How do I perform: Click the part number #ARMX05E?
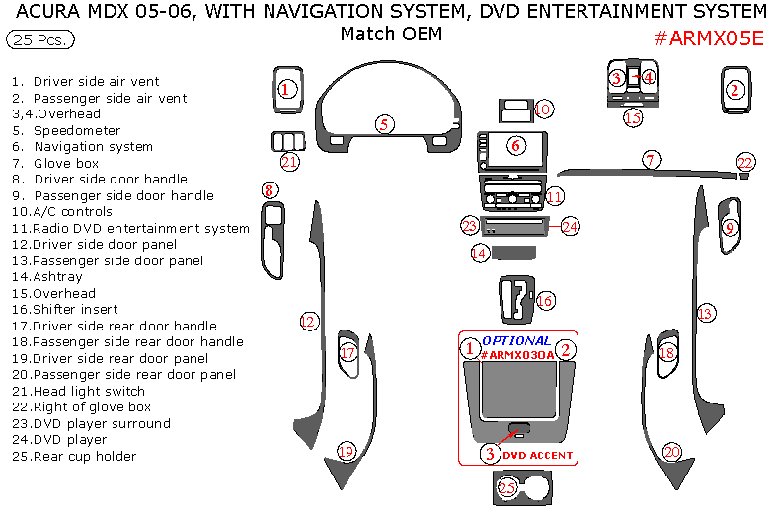(x=709, y=39)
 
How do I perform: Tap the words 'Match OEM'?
(x=391, y=34)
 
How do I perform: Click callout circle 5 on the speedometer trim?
(x=384, y=123)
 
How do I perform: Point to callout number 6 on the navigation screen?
(x=515, y=145)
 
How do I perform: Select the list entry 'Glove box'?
(x=66, y=163)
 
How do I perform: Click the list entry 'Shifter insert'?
(x=75, y=309)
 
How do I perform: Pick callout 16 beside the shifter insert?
(x=544, y=300)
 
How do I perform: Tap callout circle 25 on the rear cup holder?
(x=507, y=486)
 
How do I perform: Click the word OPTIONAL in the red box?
(x=517, y=340)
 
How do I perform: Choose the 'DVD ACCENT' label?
(x=537, y=455)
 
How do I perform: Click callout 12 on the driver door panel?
(x=308, y=321)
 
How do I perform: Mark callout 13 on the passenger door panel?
(x=705, y=314)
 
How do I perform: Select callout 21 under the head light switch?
(x=289, y=162)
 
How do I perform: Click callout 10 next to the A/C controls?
(x=543, y=109)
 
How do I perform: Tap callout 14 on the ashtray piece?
(x=479, y=254)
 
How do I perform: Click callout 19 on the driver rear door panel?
(x=346, y=451)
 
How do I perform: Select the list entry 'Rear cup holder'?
(x=84, y=456)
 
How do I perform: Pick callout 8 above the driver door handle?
(x=269, y=190)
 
